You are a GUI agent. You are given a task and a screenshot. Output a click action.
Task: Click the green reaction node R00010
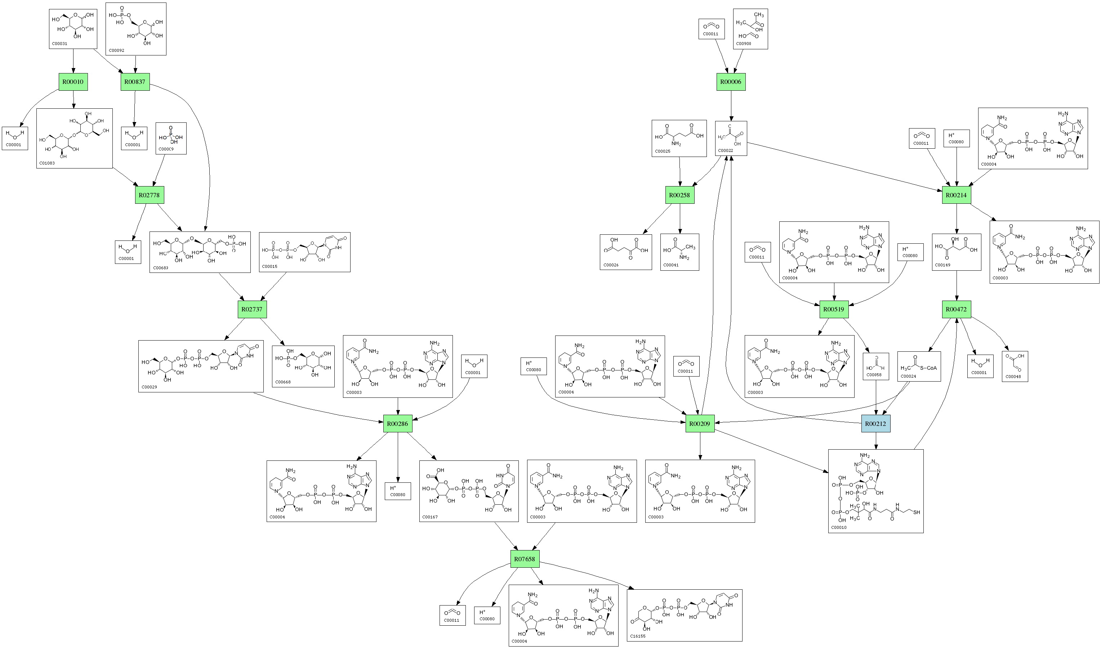click(73, 82)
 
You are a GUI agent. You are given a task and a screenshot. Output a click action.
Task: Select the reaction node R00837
click(135, 82)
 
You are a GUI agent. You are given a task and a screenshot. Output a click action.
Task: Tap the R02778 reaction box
click(150, 195)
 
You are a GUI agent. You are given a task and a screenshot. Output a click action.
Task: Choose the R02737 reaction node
click(252, 309)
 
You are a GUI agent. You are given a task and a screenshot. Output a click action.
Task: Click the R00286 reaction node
click(398, 424)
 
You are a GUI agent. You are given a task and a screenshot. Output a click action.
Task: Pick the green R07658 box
click(525, 559)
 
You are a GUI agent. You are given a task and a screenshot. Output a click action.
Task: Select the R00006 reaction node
click(731, 82)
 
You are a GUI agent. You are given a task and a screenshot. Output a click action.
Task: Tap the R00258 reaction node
click(680, 195)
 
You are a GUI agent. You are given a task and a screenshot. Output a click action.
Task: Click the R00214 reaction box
click(957, 195)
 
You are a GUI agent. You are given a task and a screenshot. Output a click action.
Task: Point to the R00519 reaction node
click(834, 309)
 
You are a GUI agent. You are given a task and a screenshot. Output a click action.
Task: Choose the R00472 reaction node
click(957, 309)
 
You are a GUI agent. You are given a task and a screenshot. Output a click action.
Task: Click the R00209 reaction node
click(700, 424)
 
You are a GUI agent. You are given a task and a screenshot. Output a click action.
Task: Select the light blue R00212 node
click(876, 424)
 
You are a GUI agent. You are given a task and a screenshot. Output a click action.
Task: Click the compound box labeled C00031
click(73, 28)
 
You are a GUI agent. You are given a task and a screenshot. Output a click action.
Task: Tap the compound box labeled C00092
click(136, 29)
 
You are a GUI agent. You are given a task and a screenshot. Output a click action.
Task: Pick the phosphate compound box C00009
click(171, 138)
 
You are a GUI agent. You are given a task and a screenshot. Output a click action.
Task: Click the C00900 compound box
click(750, 29)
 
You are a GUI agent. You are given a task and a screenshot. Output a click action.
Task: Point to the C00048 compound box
click(1015, 366)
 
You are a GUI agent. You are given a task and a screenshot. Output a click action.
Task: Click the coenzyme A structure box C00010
click(876, 491)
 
